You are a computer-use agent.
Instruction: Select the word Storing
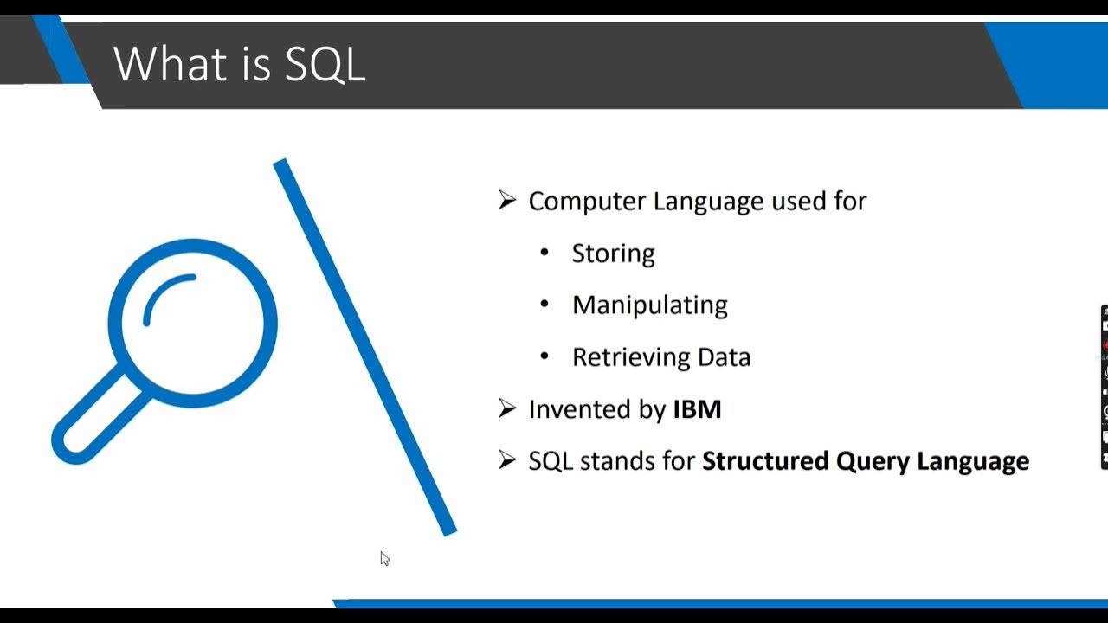coord(613,254)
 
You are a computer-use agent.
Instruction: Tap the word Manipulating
coord(649,305)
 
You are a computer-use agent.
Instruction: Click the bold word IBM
coord(697,409)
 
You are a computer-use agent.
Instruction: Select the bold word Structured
coord(765,461)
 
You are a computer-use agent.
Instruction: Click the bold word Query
coord(869,462)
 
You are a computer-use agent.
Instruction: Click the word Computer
coord(587,202)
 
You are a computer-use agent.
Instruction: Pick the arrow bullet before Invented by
coord(507,408)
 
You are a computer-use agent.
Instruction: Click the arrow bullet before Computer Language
coord(507,201)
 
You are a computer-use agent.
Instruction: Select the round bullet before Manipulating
coord(544,305)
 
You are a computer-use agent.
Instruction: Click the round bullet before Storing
coord(544,253)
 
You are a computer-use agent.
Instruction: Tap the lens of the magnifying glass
coord(192,323)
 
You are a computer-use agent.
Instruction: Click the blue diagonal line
coord(364,346)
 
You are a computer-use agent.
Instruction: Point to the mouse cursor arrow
coord(384,558)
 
